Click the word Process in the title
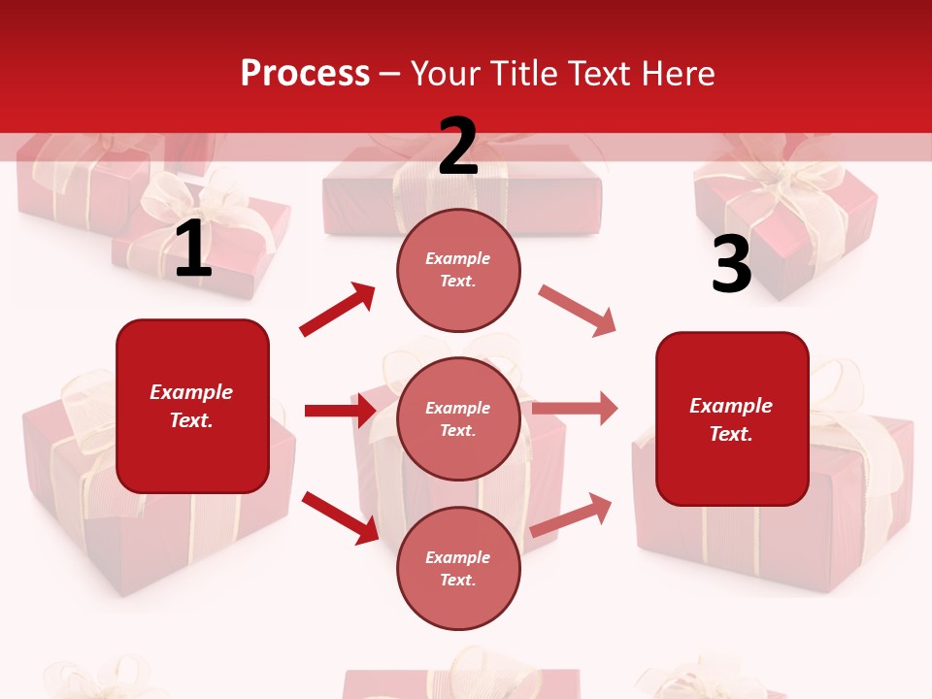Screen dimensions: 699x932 305,73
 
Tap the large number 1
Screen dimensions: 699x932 193,250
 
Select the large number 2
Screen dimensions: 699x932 458,147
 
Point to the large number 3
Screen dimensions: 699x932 731,265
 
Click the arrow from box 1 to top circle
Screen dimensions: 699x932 338,310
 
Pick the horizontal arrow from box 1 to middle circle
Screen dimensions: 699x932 340,411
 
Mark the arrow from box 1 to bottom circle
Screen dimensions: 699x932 340,516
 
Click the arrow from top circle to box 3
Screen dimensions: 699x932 577,311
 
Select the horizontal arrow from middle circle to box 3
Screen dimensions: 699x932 575,409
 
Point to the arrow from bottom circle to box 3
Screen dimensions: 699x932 571,515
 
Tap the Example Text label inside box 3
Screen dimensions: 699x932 731,419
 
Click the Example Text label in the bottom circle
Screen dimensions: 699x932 457,569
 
